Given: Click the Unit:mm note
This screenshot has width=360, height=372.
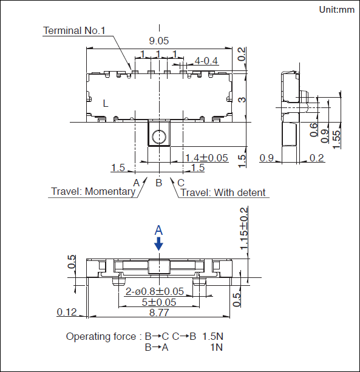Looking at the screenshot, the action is pos(337,10).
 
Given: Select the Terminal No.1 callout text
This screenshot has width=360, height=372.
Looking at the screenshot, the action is pos(74,30).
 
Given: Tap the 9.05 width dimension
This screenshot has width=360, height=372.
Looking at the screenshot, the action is pos(159,41).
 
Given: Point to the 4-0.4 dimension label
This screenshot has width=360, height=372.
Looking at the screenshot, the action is pos(206,61).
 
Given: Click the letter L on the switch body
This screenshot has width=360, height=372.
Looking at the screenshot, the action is pos(106,103).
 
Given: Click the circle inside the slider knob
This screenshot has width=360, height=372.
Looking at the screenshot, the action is pos(159,137).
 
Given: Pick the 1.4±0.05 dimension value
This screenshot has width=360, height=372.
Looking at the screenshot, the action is pos(206,158).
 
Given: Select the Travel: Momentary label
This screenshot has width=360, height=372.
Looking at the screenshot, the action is pos(93,191).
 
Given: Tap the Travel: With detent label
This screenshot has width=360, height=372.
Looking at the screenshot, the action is pos(223,192).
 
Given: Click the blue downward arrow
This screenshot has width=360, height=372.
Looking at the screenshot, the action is pos(159,243).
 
